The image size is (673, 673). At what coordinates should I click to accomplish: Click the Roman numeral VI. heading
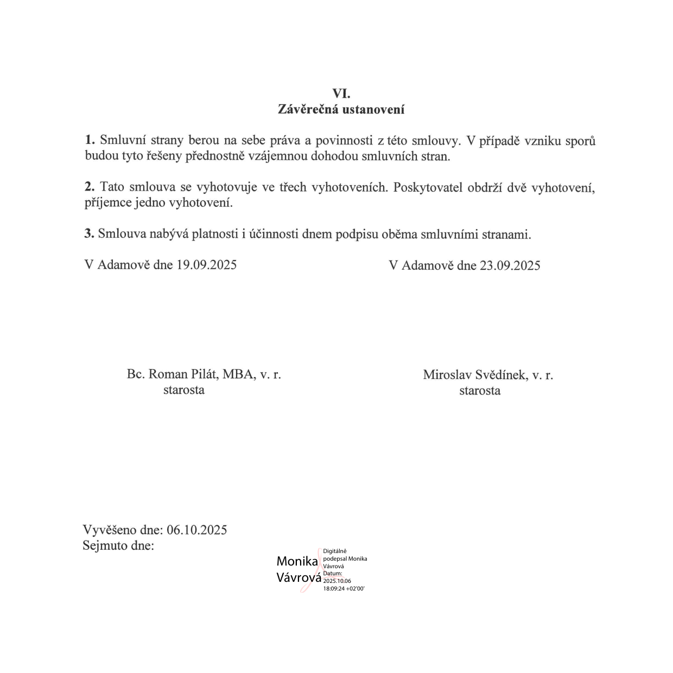point(341,93)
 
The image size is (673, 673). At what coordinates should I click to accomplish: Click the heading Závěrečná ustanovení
point(341,109)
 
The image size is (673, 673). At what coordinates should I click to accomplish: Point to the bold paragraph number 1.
point(90,140)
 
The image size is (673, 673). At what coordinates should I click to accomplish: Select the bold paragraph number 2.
point(90,187)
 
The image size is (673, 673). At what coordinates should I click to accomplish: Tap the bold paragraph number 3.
point(89,234)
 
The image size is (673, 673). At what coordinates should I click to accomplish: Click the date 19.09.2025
point(206,265)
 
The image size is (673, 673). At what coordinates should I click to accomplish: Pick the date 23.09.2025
point(510,265)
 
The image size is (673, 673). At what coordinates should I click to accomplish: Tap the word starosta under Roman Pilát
point(184,390)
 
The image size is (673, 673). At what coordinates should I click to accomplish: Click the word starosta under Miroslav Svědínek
point(480,391)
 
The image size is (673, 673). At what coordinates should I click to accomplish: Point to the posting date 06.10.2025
point(196,530)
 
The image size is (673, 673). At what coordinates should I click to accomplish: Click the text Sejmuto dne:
point(118,545)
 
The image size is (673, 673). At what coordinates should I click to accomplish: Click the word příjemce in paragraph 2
point(107,204)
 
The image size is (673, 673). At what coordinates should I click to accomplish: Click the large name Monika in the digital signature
point(297,561)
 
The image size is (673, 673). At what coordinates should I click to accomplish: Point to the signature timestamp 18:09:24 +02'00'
point(344,588)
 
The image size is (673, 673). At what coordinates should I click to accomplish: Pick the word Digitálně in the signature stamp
point(334,551)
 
